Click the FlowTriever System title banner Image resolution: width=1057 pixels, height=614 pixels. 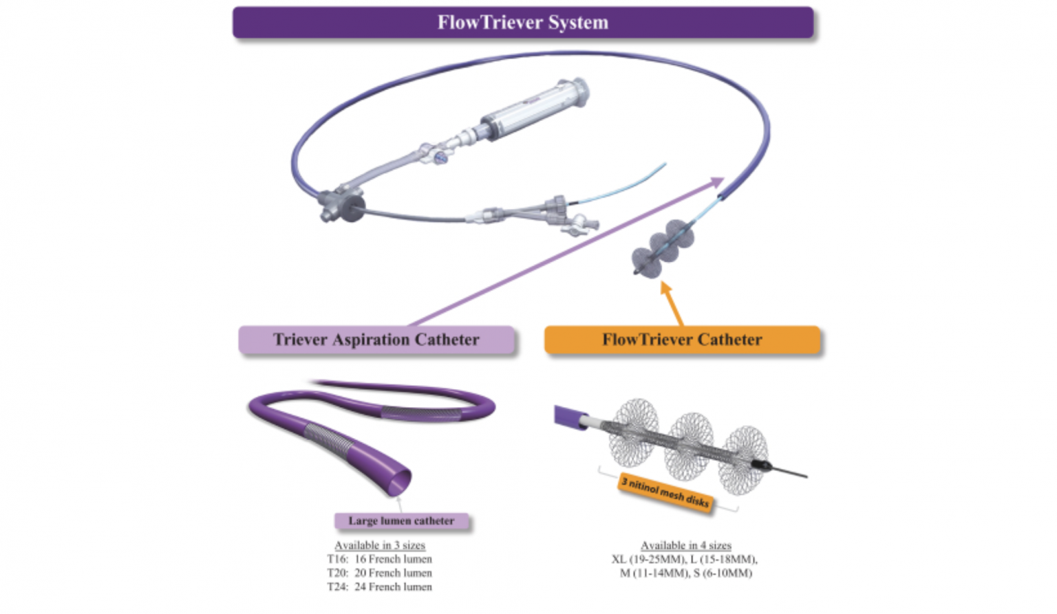(523, 23)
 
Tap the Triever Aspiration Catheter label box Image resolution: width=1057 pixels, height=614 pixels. (376, 340)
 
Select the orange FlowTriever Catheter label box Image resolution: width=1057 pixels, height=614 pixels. (682, 340)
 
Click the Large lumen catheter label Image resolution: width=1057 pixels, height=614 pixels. (401, 521)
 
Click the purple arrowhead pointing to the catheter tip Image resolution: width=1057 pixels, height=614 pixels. (716, 182)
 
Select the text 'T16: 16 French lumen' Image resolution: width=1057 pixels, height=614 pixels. (380, 559)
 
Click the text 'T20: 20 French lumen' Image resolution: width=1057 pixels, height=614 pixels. (380, 573)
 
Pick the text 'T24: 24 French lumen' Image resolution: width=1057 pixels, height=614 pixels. (380, 586)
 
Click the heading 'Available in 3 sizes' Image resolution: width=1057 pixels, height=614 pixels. (380, 545)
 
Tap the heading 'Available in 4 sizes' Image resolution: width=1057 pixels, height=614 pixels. (686, 545)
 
